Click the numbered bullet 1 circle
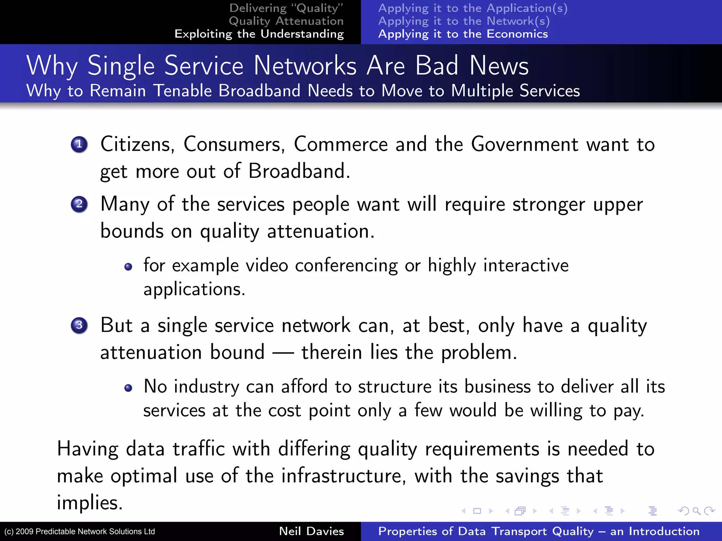point(79,144)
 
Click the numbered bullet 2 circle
point(79,204)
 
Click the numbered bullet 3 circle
point(79,325)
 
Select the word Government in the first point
point(525,144)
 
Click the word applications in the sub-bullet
point(194,290)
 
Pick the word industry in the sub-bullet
point(207,387)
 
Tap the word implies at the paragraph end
point(90,503)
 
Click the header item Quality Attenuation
point(286,21)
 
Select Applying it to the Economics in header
point(463,34)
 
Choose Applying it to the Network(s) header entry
point(464,21)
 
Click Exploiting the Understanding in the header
point(259,34)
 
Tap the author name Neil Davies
point(311,531)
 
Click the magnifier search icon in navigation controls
point(696,511)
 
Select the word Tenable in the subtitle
point(182,91)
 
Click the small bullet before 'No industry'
point(128,388)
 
